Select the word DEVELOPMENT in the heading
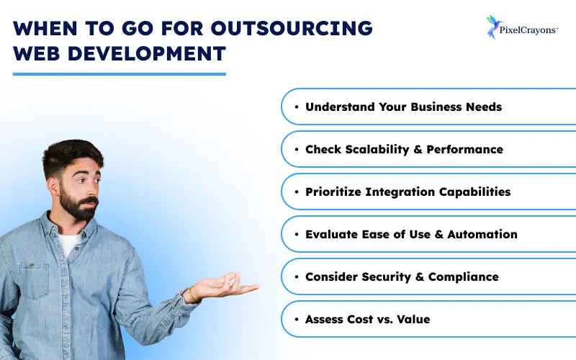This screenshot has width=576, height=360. tap(153, 55)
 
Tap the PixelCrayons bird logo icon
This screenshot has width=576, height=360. tap(493, 26)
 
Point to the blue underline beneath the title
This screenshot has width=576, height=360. tap(120, 73)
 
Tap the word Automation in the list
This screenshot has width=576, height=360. tap(482, 234)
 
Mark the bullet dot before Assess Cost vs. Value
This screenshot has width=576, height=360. tap(297, 319)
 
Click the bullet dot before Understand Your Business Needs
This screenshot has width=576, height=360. tap(297, 107)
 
